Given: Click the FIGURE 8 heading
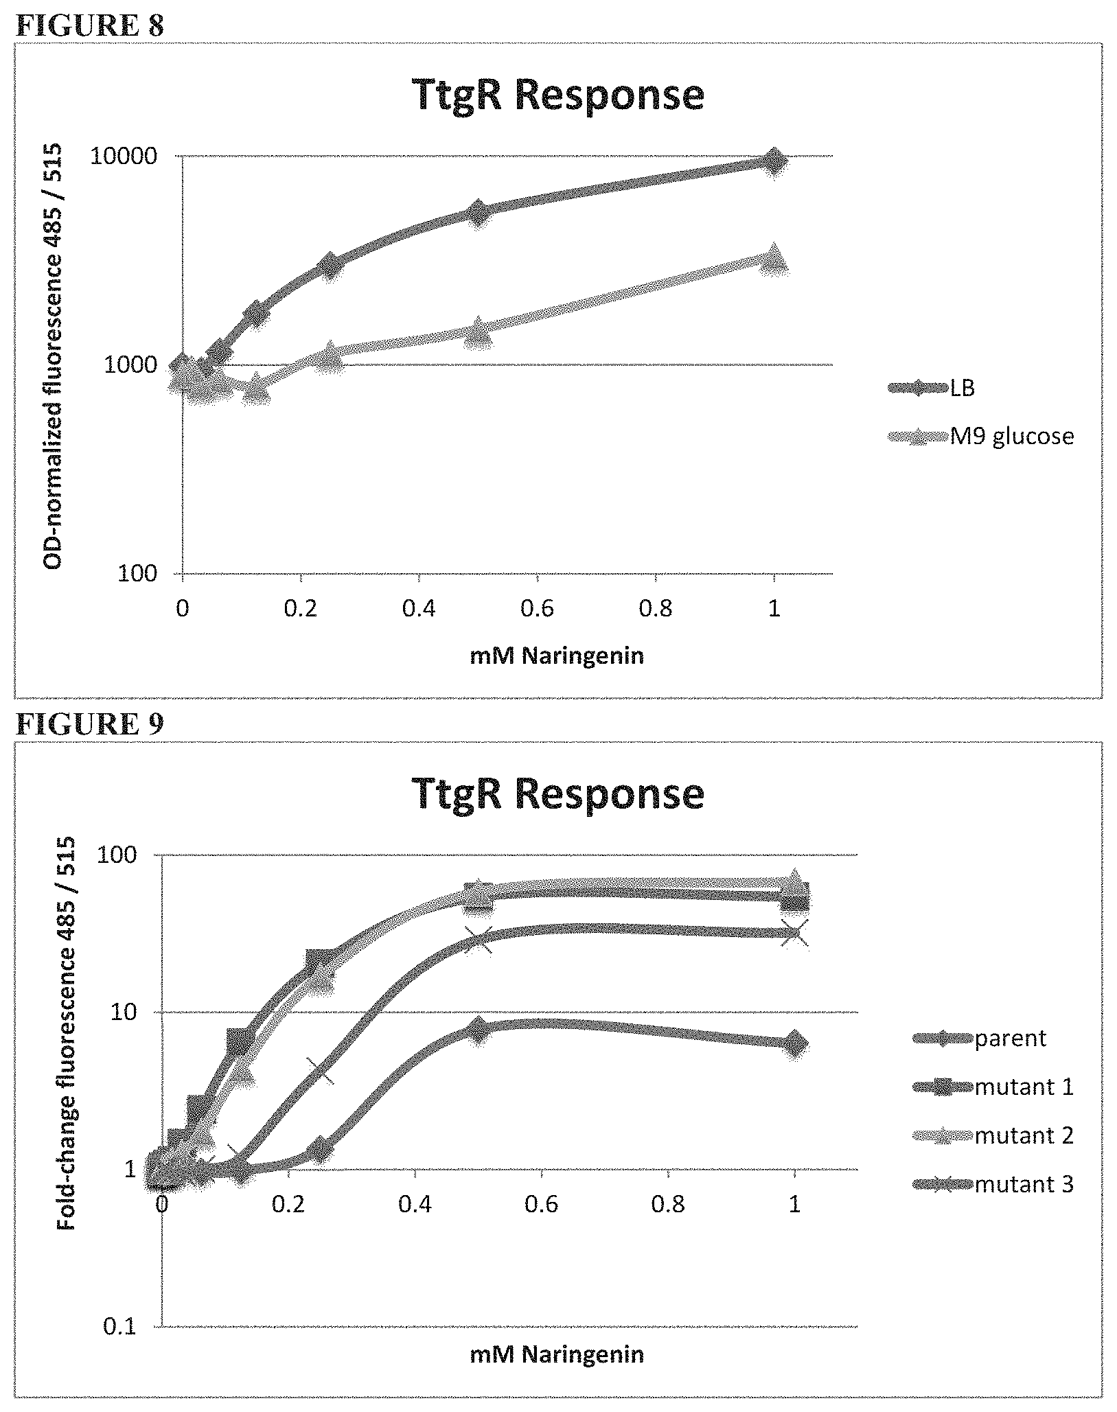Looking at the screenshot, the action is (89, 26).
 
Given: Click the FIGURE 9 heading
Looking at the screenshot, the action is (89, 724).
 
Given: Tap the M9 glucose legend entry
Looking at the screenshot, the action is (980, 436).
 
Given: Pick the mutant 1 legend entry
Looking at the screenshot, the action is (993, 1087).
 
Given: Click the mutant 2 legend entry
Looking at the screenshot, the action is (993, 1135).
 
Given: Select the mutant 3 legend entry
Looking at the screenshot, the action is (993, 1184).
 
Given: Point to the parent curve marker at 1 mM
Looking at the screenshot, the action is (794, 1045).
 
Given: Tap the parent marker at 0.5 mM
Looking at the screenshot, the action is (478, 1030).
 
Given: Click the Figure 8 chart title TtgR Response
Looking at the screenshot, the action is (558, 95).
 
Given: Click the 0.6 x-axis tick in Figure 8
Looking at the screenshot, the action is (538, 609).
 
